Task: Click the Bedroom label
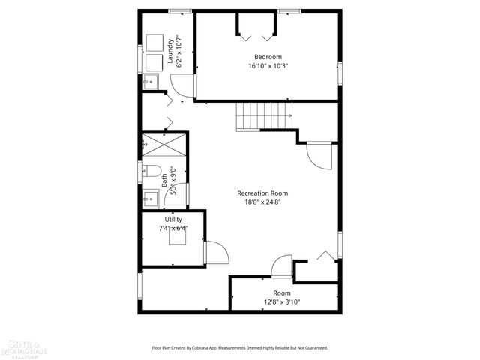point(268,57)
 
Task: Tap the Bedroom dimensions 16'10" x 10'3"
point(268,66)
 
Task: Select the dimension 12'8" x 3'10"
point(282,301)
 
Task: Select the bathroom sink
point(151,198)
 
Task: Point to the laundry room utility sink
point(149,82)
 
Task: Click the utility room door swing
point(214,253)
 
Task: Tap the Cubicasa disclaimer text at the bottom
point(240,348)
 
